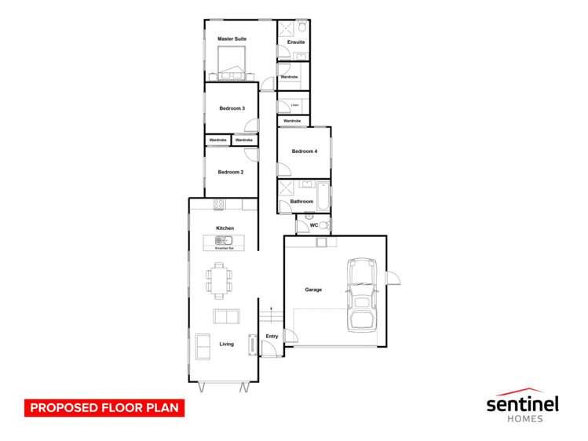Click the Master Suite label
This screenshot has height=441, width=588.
point(232,38)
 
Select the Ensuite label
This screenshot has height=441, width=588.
point(296,42)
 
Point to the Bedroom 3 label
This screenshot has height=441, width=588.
point(232,108)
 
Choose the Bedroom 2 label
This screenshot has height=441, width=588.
point(231,172)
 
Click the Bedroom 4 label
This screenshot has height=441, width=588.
point(305,151)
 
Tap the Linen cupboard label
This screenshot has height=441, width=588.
point(294,104)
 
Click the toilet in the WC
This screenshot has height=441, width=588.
point(323,225)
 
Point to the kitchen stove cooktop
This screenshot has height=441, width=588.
point(219,205)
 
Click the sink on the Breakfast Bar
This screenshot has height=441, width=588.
point(221,241)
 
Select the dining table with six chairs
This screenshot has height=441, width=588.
point(220,280)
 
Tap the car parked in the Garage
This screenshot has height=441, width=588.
point(361,296)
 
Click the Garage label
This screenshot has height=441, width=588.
point(313,290)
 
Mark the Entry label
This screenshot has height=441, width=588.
point(272,337)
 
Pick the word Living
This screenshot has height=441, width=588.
point(226,344)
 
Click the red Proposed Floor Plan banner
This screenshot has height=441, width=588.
point(104,408)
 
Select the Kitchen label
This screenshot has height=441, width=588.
point(225,228)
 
